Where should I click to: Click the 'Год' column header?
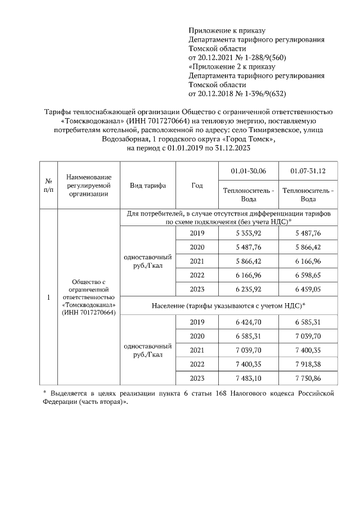tap(197, 186)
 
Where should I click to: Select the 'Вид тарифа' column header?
tap(147, 186)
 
